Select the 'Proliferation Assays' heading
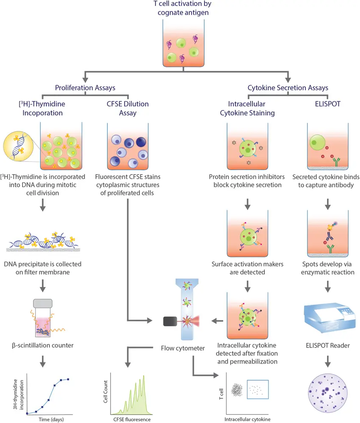[x=85, y=88]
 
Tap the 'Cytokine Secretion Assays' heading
[x=288, y=88]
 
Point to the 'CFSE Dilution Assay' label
[x=128, y=108]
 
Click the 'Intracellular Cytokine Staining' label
[x=246, y=108]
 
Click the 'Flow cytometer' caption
[x=178, y=349]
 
